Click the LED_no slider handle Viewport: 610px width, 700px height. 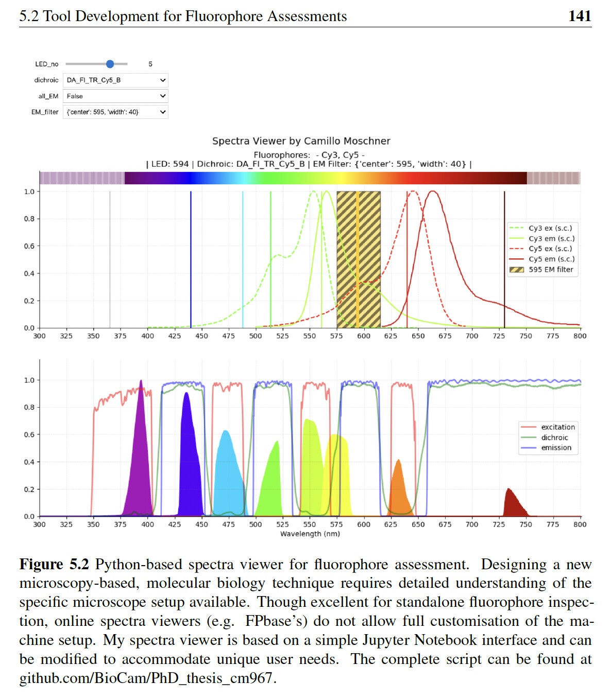(x=110, y=64)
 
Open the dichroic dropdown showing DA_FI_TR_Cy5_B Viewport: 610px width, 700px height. (x=115, y=80)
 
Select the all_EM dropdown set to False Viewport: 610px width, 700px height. (x=115, y=96)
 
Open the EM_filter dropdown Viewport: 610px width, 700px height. (x=115, y=112)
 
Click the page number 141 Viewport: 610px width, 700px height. (x=579, y=16)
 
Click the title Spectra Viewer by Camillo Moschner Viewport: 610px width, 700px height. (x=301, y=141)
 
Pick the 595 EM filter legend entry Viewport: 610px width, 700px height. (x=550, y=269)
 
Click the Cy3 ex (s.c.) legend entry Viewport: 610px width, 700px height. (x=550, y=228)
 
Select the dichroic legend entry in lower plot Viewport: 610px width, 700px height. (x=554, y=437)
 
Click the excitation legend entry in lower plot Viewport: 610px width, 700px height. (x=557, y=427)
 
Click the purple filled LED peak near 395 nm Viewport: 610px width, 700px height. (x=140, y=463)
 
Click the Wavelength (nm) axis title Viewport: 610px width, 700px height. (x=310, y=534)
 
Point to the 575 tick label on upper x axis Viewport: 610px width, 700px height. (x=336, y=336)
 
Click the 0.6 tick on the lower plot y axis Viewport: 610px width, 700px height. (x=29, y=435)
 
